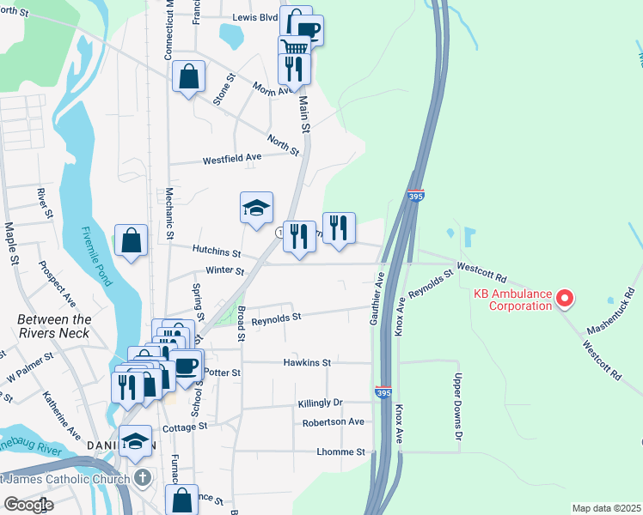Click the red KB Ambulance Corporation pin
(565, 298)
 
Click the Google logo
(28, 505)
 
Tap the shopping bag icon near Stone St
(188, 76)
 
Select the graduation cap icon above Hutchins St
(256, 208)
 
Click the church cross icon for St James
(142, 477)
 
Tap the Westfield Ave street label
(231, 160)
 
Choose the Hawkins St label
(307, 363)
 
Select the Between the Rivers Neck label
(53, 325)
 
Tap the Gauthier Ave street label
(375, 299)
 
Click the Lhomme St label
(340, 451)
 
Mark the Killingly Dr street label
(320, 402)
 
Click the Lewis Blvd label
(255, 16)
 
